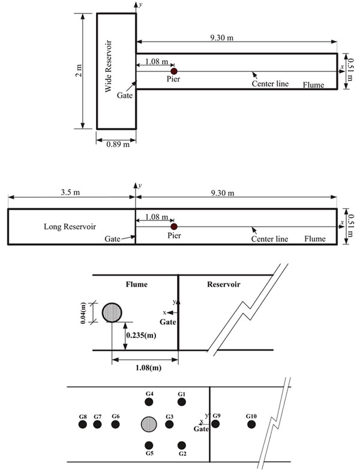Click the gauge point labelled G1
(x=182, y=402)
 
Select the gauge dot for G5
(x=149, y=445)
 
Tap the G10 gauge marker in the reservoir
(x=251, y=425)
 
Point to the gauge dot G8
(x=83, y=425)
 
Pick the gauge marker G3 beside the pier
(x=169, y=425)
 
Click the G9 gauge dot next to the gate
(x=215, y=424)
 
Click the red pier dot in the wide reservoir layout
(x=174, y=71)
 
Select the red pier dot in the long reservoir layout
(x=174, y=226)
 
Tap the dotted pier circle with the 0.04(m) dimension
(x=112, y=312)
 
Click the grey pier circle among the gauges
(x=149, y=425)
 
